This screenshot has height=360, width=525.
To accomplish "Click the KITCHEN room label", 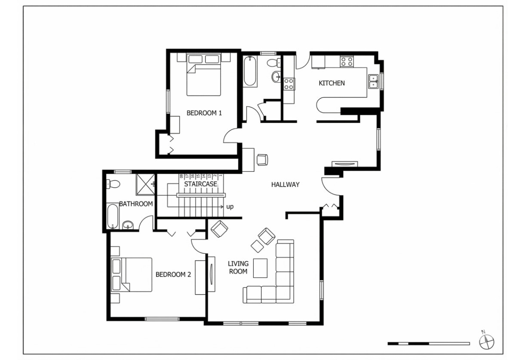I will point(332,83).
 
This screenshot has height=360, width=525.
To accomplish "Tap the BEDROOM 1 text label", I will point(204,113).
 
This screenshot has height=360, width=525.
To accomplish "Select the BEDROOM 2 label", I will point(173,275).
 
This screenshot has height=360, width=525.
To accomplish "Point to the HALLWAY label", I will point(285,185).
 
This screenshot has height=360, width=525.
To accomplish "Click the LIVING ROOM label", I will point(238,267).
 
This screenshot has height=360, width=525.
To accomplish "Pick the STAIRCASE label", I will point(200,184).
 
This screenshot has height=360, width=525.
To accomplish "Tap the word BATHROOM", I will point(136,204).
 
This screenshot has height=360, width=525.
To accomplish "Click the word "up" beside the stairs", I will point(230,207).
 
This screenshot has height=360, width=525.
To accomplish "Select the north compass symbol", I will point(486,342).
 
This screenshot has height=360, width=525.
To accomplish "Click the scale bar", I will point(428,343).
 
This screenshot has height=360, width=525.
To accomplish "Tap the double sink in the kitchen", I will point(374,81).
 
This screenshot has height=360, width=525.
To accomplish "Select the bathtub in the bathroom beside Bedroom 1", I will point(250,71).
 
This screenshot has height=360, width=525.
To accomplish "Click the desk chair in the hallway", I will point(262,159).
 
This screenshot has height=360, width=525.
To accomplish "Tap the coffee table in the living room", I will point(260,268).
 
